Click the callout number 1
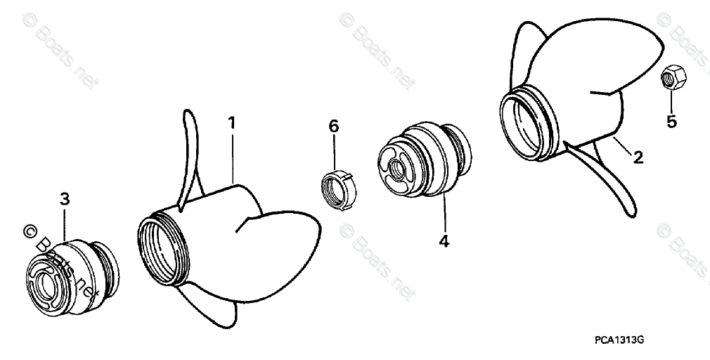pyautogui.click(x=231, y=123)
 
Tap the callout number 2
pyautogui.click(x=638, y=157)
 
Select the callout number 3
pyautogui.click(x=65, y=199)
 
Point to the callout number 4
pyautogui.click(x=444, y=240)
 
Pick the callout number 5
pyautogui.click(x=671, y=122)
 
